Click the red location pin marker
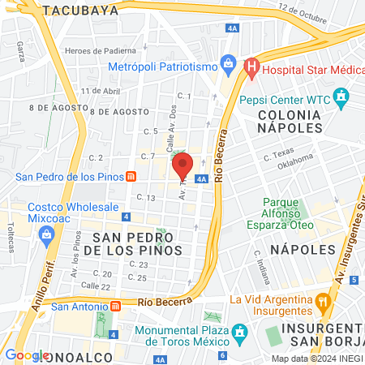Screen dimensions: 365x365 182,165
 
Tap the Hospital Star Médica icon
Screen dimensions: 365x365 251,65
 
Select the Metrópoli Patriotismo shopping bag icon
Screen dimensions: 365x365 229,62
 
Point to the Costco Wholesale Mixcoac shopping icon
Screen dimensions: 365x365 46,235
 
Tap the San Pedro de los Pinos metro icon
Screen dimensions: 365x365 131,176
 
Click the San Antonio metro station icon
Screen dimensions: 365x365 115,307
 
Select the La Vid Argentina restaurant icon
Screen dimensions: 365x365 323,300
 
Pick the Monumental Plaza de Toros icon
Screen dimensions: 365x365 239,333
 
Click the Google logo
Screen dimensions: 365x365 27,354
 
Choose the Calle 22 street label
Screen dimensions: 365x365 95,286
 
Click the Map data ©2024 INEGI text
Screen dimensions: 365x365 316,359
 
